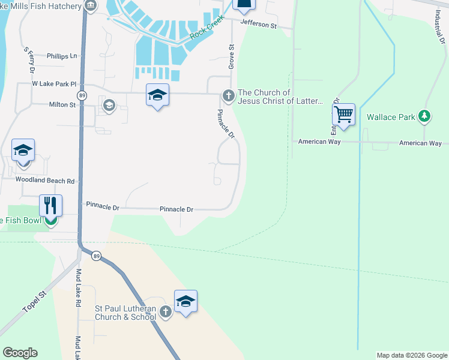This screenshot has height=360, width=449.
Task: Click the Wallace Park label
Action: [390, 117]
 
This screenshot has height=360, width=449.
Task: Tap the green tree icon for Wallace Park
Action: [424, 116]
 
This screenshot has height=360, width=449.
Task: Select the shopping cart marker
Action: [343, 114]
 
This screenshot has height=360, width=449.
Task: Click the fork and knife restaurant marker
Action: [51, 205]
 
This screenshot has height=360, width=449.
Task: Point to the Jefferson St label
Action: [258, 25]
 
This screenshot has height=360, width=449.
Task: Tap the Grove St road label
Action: [231, 55]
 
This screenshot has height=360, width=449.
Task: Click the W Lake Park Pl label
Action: [55, 84]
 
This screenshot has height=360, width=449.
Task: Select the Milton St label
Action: [62, 104]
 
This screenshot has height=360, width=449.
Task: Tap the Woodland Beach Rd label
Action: [44, 180]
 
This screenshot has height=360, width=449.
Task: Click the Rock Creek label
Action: [206, 28]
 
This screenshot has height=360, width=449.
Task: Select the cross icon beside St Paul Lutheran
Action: [166, 312]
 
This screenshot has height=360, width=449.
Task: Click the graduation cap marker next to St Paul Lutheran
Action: [185, 301]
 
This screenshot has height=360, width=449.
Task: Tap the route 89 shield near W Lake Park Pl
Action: [82, 96]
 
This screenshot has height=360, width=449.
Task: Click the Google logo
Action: [20, 353]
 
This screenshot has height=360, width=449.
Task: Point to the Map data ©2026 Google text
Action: [411, 355]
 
